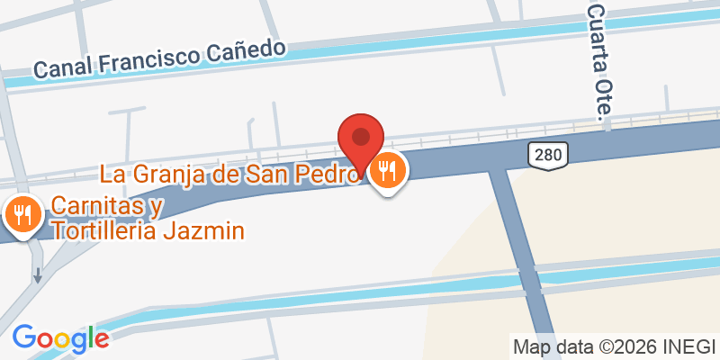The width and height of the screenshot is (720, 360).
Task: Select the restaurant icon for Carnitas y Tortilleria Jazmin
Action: coord(21,213)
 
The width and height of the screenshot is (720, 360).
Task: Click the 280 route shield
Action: coord(546,155)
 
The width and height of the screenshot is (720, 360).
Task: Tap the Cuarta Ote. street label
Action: coord(598,59)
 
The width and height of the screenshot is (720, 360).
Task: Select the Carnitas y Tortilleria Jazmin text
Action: coord(147,219)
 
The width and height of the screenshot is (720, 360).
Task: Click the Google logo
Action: coord(60,338)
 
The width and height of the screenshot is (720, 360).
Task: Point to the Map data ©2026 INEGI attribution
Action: coord(614,346)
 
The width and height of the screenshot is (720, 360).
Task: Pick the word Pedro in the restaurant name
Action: coord(328,172)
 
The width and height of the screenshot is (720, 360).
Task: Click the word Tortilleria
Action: coord(104,231)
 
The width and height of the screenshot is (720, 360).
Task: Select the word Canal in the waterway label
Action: coord(62,68)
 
